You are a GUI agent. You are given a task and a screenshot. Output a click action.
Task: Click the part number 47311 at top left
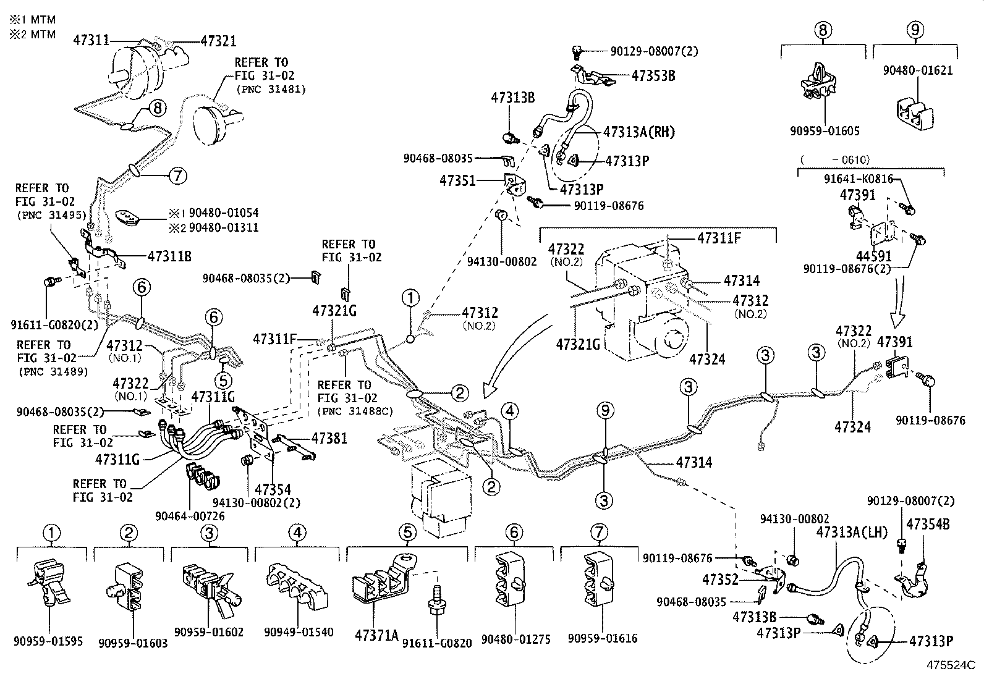click(91, 41)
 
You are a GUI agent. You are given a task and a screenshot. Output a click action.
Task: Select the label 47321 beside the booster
click(218, 41)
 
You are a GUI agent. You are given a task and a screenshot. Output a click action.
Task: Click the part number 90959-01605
click(824, 131)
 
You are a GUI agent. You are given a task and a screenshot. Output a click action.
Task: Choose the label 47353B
click(653, 75)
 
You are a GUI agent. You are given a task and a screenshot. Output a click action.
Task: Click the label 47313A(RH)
click(638, 132)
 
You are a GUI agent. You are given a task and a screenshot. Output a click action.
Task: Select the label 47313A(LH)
click(852, 533)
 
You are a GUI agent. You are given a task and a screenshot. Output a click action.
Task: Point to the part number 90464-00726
click(190, 516)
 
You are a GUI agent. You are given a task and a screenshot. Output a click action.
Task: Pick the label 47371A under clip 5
click(376, 635)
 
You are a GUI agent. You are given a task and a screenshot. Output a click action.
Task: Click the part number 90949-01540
click(298, 633)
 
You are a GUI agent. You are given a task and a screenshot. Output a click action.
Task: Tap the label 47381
click(329, 438)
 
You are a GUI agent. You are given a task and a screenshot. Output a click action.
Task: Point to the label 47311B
click(169, 255)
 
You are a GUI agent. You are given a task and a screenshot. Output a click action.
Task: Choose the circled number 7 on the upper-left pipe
click(177, 176)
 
